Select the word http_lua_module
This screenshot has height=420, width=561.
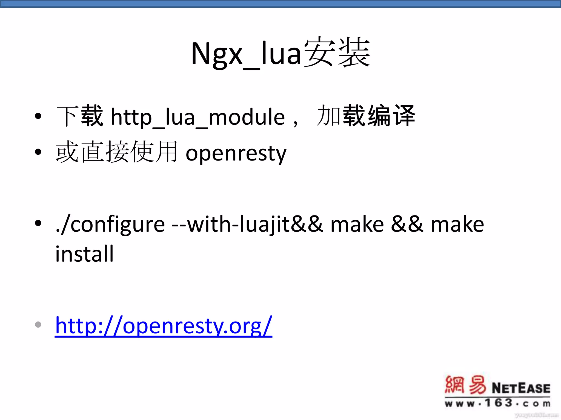(x=198, y=117)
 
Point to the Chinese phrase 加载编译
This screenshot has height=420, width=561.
(x=366, y=116)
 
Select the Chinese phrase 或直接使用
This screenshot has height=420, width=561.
(x=117, y=152)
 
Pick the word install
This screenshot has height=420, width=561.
(x=84, y=254)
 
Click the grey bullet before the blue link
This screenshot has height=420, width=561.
(x=38, y=325)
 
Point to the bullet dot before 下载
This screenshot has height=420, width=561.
(x=38, y=116)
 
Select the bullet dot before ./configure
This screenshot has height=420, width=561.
(x=38, y=223)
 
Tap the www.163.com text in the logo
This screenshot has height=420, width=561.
(x=497, y=403)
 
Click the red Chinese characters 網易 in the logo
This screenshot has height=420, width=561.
(x=465, y=385)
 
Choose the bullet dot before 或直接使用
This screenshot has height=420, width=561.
(x=38, y=152)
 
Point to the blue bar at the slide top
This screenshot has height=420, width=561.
(x=280, y=4)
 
